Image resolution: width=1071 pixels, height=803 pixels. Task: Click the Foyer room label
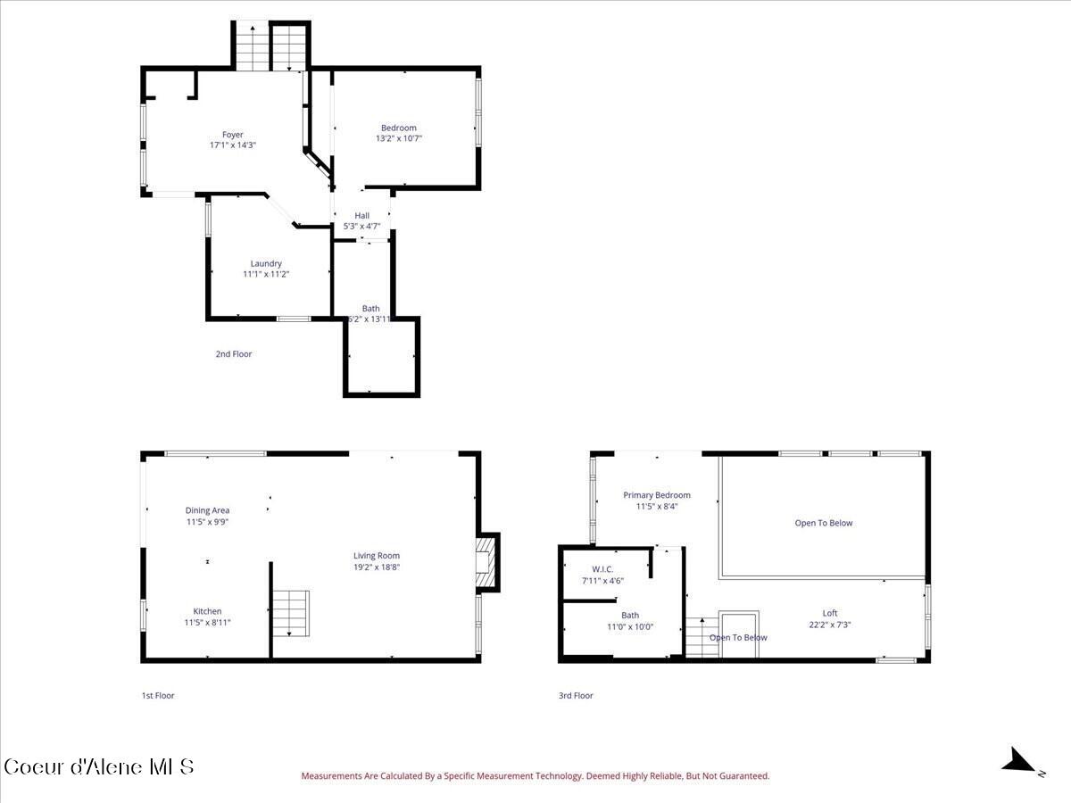(x=232, y=135)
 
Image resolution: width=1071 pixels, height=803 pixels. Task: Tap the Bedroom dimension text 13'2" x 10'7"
(x=398, y=138)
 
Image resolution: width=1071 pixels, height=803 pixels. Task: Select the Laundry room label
(x=266, y=263)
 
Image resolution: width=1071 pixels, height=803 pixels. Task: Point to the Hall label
(x=361, y=215)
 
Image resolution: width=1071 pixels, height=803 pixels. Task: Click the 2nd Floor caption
(x=233, y=354)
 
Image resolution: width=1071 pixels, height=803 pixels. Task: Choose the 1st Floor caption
(x=158, y=695)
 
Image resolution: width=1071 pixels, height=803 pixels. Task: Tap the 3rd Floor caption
(x=576, y=695)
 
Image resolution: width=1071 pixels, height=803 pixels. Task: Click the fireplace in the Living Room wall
(x=486, y=562)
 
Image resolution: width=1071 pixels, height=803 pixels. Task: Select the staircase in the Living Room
(x=290, y=613)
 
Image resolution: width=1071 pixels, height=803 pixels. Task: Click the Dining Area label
(x=207, y=510)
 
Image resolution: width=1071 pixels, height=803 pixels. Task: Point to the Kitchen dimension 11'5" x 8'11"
(x=207, y=623)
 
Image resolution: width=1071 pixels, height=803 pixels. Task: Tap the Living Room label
(x=376, y=555)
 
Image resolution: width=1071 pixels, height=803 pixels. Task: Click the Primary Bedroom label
(x=656, y=495)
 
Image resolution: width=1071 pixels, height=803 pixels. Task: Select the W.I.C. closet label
(x=602, y=569)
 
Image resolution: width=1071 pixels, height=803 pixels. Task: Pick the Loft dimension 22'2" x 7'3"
(x=829, y=625)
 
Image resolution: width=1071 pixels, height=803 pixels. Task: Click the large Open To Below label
(x=823, y=523)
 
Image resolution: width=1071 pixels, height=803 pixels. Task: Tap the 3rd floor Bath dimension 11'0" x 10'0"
(x=630, y=626)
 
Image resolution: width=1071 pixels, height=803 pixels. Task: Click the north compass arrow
(x=1019, y=761)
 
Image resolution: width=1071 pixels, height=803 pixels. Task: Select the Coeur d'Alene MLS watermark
(x=98, y=766)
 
